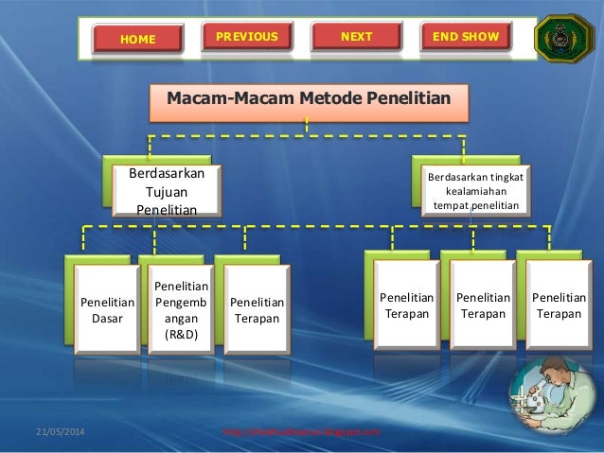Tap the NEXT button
click(356, 37)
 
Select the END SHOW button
click(465, 37)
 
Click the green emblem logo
click(564, 37)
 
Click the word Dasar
click(107, 320)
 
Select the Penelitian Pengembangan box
click(175, 309)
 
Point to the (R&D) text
click(175, 335)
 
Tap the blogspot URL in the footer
click(300, 432)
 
